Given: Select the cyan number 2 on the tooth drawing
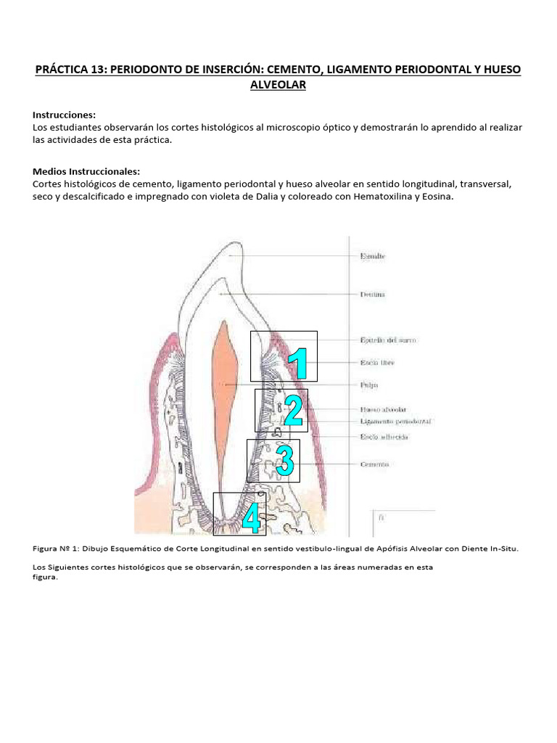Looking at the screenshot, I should (x=293, y=411).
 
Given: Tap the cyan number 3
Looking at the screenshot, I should (x=284, y=461).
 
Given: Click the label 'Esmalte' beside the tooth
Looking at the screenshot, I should (x=372, y=255).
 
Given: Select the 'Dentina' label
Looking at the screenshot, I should (x=372, y=295).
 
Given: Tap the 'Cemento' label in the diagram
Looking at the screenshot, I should (x=374, y=464).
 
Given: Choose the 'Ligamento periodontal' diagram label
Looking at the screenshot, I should (x=396, y=421).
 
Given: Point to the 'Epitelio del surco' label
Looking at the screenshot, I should (x=388, y=340).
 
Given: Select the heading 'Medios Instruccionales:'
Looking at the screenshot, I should (x=86, y=171).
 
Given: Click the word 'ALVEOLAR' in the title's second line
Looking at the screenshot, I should (x=278, y=85).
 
